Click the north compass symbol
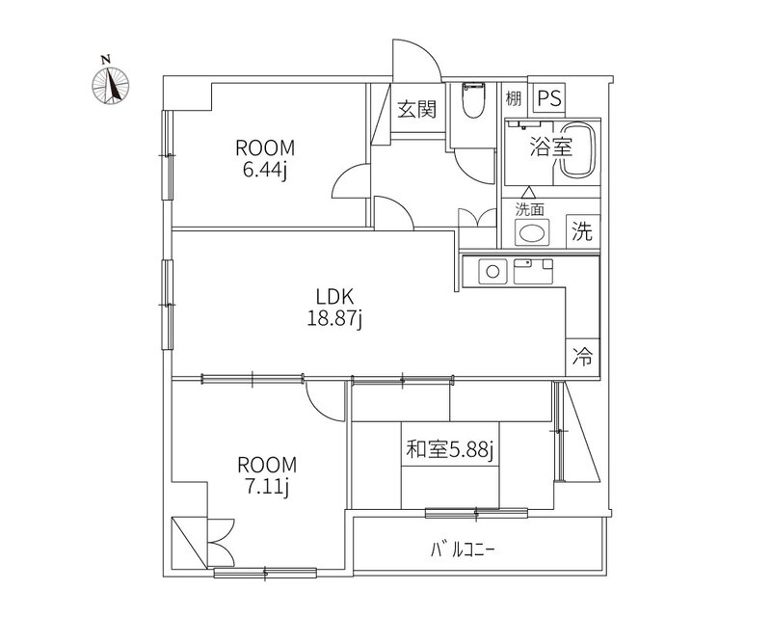coord(111,85)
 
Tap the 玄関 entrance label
coord(417,109)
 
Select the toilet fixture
coord(473,100)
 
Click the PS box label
coord(549,98)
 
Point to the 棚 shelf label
coord(514,99)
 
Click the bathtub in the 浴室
coord(577,149)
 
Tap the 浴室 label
coord(551,147)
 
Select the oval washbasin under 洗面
coord(532,231)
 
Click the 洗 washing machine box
coord(583,231)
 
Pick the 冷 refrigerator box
coord(583,358)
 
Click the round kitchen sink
coord(492,271)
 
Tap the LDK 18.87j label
coord(334,308)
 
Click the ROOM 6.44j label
coord(265,159)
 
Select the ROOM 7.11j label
coord(267,476)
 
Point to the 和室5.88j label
coord(449,449)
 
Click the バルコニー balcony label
coord(463,550)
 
